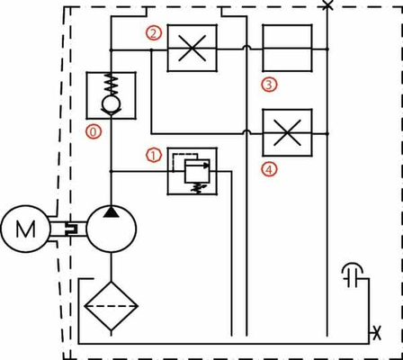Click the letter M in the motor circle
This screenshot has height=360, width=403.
point(25,229)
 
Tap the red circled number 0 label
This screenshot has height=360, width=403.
point(94,132)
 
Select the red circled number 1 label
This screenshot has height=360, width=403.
point(154,156)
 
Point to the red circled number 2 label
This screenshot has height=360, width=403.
point(154,33)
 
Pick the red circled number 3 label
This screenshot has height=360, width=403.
point(269,85)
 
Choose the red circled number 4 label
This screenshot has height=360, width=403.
point(269,170)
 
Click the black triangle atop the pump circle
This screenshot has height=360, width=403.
point(111,211)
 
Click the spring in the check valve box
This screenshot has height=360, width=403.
point(111,85)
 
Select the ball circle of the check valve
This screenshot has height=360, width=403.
point(112,104)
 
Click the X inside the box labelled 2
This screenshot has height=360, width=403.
point(193,48)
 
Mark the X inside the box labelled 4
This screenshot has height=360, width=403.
point(287,132)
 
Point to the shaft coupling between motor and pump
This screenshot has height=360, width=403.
point(72,229)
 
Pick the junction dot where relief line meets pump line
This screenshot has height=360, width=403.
point(111,171)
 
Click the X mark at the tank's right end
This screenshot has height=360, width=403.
point(377,333)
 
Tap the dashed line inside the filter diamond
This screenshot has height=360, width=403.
point(112,306)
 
